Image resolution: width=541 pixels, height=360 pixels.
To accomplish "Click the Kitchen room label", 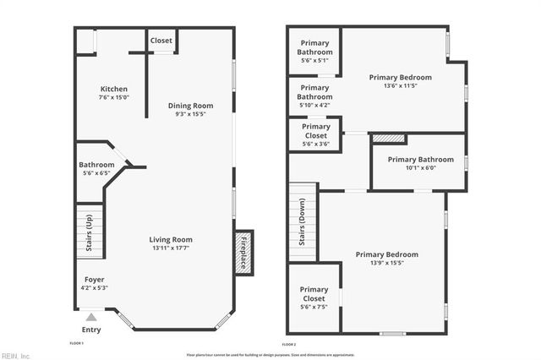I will coord(114,89).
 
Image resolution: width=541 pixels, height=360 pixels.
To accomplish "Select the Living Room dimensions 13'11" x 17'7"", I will coord(172,248).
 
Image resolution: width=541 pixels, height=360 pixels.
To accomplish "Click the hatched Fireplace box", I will coord(243,252).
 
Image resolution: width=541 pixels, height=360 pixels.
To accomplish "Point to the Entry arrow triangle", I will coord(90,318).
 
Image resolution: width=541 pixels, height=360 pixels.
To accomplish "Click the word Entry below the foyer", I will coord(90,330).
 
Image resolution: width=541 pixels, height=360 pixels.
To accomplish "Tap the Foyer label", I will coord(95,279).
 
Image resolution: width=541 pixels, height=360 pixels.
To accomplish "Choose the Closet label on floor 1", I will coord(161,40).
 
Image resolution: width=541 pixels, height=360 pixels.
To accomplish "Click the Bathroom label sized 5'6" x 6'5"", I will coord(96,165).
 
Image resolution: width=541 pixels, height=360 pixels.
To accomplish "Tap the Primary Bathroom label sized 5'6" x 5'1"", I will coord(314,47).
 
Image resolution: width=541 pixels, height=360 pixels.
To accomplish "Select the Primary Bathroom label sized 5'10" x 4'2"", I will coord(314,92).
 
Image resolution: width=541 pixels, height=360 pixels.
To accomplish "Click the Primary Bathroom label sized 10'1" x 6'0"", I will coord(420,159).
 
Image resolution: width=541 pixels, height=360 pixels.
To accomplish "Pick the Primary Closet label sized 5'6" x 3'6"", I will coord(314,131).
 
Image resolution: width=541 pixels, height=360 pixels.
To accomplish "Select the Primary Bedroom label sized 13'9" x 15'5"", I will coord(386,254).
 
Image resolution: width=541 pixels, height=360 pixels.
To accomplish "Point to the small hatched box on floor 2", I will coord(388,138).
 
